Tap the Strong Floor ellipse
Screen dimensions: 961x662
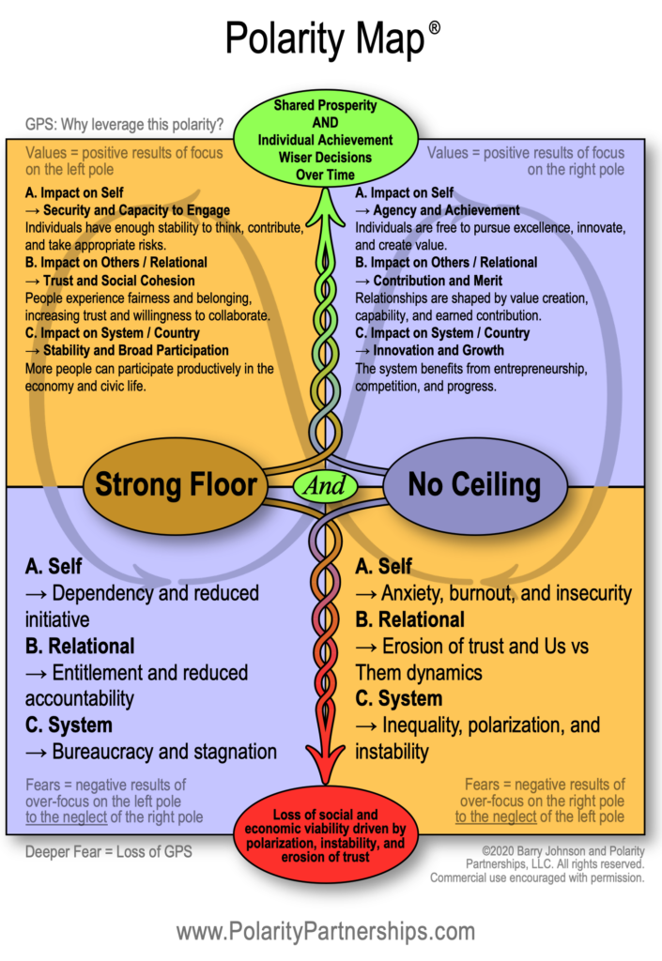pyautogui.click(x=176, y=484)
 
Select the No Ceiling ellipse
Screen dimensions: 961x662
pyautogui.click(x=474, y=484)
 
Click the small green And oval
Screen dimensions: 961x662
pyautogui.click(x=325, y=486)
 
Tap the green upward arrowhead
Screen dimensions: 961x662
pyautogui.click(x=325, y=202)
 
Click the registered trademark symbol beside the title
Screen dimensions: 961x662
pyautogui.click(x=434, y=28)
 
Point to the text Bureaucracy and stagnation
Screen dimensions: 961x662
pyautogui.click(x=164, y=752)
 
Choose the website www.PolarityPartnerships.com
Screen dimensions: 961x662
pyautogui.click(x=325, y=931)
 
